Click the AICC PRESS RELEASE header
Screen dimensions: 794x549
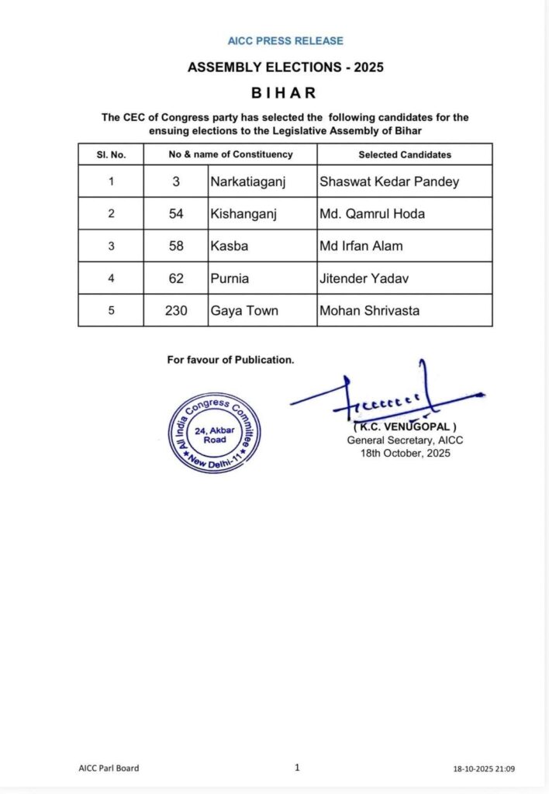[285, 40]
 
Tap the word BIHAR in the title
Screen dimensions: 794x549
[285, 93]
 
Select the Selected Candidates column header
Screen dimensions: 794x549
[404, 154]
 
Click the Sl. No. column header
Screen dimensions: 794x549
[111, 154]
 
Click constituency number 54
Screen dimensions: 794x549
[176, 214]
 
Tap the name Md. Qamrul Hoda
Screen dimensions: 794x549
[371, 214]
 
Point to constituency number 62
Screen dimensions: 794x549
[176, 278]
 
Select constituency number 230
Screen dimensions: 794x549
[176, 310]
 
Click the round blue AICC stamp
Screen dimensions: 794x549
[215, 433]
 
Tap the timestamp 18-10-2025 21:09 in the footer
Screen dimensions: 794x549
[484, 768]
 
